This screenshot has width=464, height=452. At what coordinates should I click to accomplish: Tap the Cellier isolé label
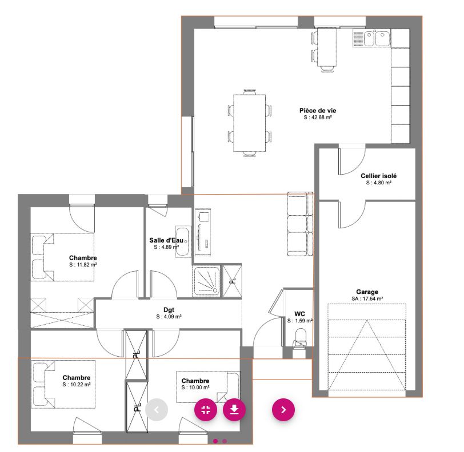(378, 176)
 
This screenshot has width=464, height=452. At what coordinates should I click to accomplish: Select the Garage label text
(367, 292)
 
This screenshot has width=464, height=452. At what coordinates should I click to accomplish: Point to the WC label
(299, 314)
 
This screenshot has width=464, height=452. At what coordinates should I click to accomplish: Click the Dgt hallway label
(169, 310)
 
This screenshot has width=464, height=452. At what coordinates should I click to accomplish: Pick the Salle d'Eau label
(166, 241)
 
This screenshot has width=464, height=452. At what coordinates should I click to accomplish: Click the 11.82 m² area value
(83, 265)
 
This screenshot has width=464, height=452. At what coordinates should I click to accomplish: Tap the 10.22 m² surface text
(77, 385)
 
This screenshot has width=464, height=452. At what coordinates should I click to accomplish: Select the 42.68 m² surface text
(318, 117)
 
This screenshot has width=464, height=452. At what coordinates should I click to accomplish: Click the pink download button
(234, 409)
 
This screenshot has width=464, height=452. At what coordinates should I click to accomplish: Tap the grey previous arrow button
(157, 409)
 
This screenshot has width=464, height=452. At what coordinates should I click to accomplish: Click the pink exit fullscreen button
(206, 409)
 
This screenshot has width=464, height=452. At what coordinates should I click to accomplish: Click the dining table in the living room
(250, 122)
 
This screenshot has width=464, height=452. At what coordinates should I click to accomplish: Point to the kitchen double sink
(371, 38)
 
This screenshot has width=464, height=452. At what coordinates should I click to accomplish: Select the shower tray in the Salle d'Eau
(207, 281)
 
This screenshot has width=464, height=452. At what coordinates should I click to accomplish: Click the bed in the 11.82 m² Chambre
(62, 257)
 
